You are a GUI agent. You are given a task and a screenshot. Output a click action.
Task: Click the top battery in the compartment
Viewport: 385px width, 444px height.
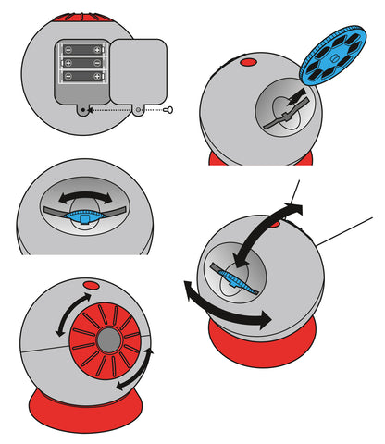(x=82, y=48)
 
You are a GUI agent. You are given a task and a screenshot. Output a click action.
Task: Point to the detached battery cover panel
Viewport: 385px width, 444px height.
(x=139, y=72)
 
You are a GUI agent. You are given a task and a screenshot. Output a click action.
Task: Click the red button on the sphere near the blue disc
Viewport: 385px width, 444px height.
(x=248, y=63)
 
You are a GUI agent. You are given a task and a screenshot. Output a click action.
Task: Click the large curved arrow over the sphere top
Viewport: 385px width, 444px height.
(x=268, y=227)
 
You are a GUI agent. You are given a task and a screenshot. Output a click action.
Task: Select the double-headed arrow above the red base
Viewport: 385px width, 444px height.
(x=226, y=309)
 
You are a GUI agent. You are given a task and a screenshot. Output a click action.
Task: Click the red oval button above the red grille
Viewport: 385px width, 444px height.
(x=91, y=286)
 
